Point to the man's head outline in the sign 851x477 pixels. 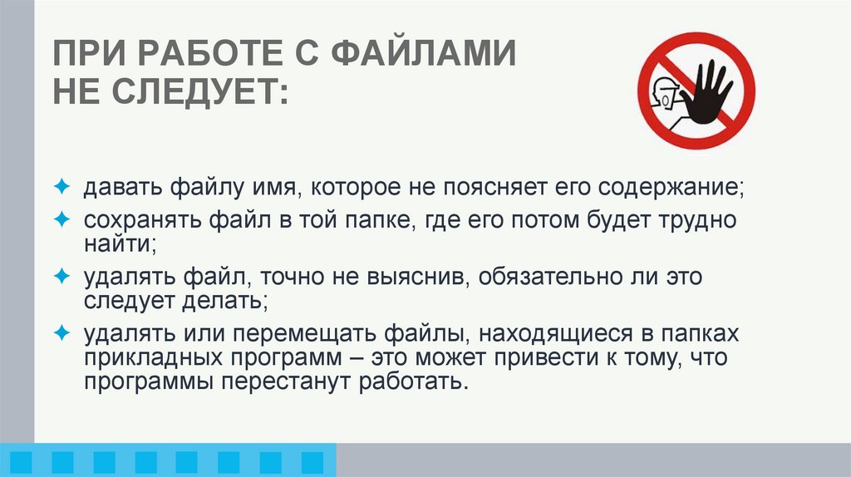point(667,93)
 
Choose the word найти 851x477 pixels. point(116,244)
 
